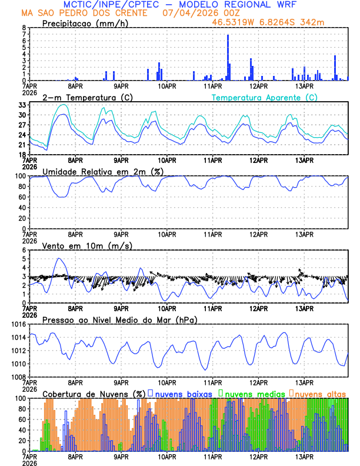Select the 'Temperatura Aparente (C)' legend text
[x=264, y=97]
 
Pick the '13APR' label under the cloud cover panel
[x=304, y=457]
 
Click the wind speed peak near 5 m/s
[x=58, y=259]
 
